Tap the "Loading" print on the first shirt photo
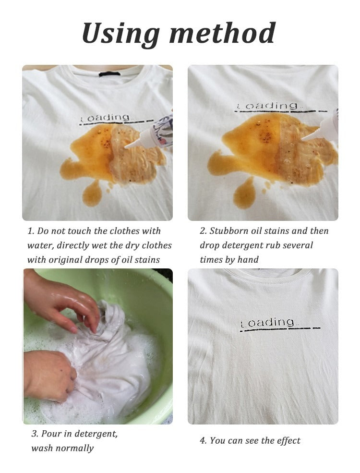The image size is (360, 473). point(105,117)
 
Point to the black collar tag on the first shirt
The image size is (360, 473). point(109,73)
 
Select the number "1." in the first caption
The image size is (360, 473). point(31,231)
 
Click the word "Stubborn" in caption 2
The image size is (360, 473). point(230,231)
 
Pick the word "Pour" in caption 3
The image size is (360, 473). point(51,434)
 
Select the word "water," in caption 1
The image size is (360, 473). point(40,245)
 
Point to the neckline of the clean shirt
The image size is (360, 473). point(263,276)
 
